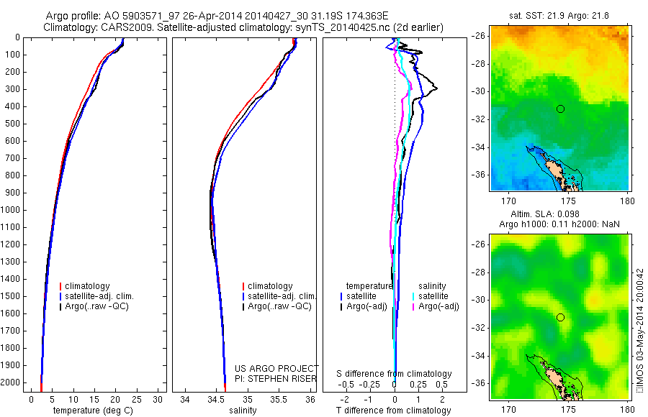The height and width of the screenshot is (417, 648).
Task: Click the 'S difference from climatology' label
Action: click(394, 374)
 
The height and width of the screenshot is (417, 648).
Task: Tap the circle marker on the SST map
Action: click(560, 109)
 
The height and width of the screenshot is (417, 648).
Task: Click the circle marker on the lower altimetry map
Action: click(560, 317)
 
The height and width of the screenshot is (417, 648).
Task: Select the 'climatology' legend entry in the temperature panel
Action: click(97, 286)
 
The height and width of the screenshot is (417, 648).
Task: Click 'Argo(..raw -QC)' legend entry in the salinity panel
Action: click(279, 306)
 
